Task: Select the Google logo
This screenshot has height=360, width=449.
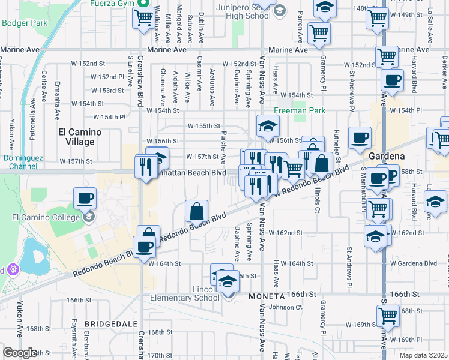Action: [20, 353]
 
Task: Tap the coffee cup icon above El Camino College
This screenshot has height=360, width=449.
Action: [85, 198]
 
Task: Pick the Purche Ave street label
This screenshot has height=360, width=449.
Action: [223, 147]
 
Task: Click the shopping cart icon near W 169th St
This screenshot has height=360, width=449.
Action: [388, 315]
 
